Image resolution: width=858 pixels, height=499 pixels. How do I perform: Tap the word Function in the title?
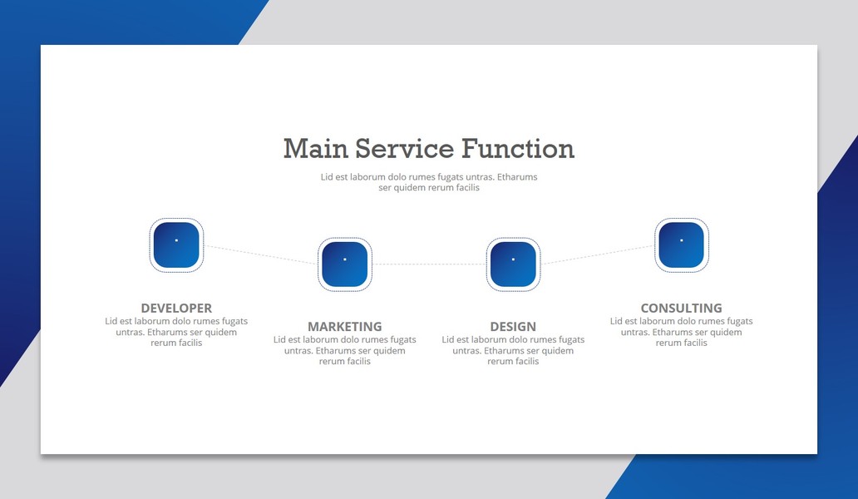tap(518, 149)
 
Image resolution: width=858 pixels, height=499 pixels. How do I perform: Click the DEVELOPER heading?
tap(176, 308)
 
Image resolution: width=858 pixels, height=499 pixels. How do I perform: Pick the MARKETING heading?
tap(345, 327)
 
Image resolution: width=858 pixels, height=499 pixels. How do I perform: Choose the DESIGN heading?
tap(513, 327)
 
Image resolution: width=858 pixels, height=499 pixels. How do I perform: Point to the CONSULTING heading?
tap(681, 308)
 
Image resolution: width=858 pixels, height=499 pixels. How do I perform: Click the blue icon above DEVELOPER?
tap(176, 245)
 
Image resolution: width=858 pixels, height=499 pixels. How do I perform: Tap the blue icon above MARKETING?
tap(345, 264)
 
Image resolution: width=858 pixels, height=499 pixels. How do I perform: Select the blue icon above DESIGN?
tap(513, 264)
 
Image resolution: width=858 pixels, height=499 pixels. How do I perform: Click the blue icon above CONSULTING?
tap(682, 245)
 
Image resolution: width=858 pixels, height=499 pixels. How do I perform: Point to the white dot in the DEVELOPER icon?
tap(176, 240)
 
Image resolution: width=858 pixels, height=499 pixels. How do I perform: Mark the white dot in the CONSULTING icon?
tap(682, 240)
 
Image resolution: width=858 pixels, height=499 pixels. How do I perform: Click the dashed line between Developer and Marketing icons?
tap(260, 254)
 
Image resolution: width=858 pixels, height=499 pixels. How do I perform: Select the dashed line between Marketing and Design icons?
tap(429, 264)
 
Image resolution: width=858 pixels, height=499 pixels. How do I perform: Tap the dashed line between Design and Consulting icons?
tap(597, 254)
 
